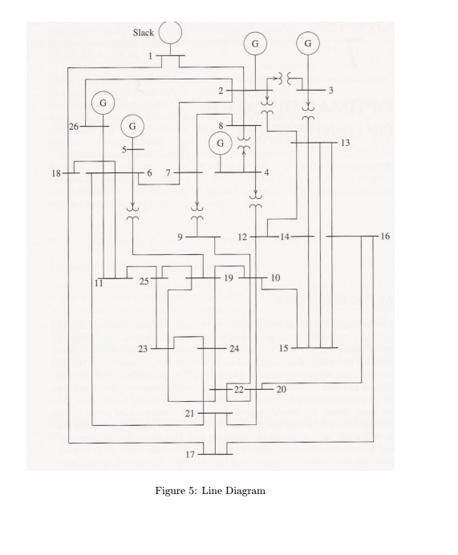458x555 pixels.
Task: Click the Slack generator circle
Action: coord(170,34)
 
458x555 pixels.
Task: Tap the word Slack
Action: coord(143,33)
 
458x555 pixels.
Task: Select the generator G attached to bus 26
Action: coord(103,103)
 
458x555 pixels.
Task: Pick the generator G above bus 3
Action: coord(307,42)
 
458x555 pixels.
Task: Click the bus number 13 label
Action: coord(345,142)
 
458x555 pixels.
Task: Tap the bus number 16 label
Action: coord(386,237)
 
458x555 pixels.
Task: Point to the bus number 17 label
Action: coord(190,455)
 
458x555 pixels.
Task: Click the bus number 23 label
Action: coord(143,349)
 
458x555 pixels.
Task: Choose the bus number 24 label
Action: coord(233,349)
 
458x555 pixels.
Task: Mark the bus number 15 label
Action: coord(283,348)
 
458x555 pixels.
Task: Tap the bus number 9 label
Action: coord(180,237)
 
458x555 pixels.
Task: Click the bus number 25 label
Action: coord(144,282)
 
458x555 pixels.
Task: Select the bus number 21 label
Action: coord(190,413)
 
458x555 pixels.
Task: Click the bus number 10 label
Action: coord(275,277)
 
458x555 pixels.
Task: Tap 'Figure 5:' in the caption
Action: coord(174,490)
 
